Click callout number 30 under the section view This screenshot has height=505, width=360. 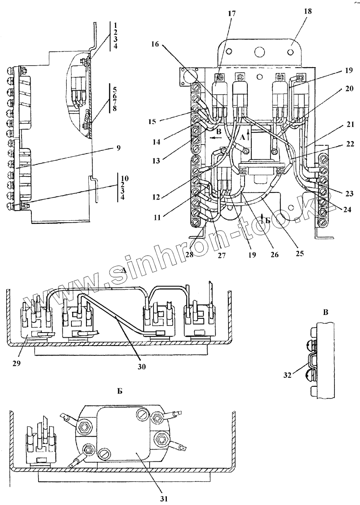point(141,367)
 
